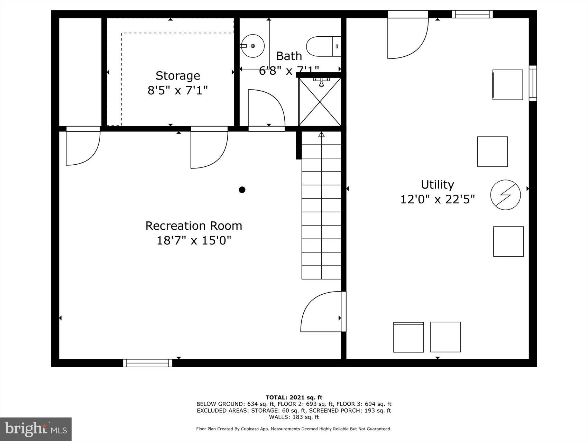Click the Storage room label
coord(177,76)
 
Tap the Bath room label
coord(289,56)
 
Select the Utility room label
coord(437,185)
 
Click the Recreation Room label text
coord(193,226)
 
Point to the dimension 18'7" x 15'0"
coord(193,240)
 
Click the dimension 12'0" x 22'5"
coord(437,200)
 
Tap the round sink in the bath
coord(252,46)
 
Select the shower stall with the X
coord(320,102)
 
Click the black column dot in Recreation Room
coord(242,190)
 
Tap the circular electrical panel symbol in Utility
coord(505,195)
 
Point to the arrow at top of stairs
coord(321,134)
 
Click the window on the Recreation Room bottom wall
coord(148,363)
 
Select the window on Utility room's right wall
coord(533,83)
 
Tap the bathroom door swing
coord(266,109)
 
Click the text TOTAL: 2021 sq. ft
coord(294,397)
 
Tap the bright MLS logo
coord(36,429)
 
